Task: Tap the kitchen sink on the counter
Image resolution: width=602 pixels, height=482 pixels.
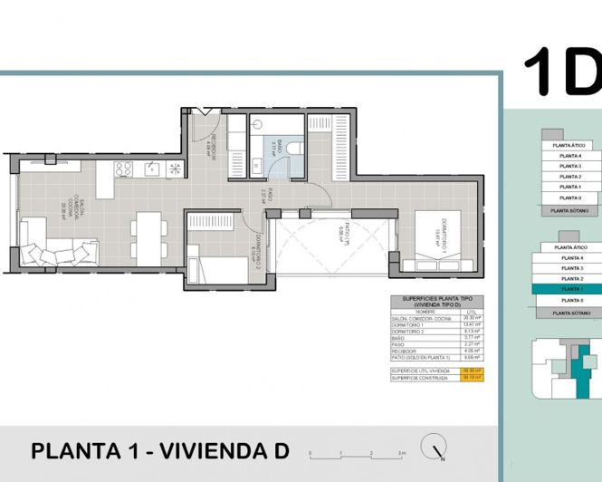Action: (150, 168)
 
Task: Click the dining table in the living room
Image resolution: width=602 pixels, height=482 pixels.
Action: (146, 237)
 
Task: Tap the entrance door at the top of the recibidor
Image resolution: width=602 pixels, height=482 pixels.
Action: (205, 111)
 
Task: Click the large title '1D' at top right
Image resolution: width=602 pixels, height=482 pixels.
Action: (561, 72)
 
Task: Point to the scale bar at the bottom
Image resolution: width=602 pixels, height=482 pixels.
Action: (357, 450)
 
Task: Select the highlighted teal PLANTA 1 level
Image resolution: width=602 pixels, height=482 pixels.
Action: (570, 288)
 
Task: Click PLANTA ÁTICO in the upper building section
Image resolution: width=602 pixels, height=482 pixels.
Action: (570, 145)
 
